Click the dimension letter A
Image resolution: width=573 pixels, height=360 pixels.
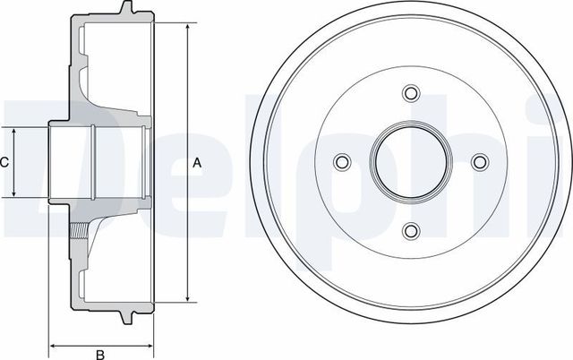198,163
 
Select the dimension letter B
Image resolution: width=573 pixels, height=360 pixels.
101,353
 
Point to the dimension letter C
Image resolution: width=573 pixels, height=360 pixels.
4,162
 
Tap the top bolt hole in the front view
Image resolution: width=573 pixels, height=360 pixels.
411,94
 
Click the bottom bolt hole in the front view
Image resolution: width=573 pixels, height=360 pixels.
411,231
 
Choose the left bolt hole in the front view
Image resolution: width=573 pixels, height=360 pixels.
342,162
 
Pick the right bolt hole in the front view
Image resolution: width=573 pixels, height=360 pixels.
480,162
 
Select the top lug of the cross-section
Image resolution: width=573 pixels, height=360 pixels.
127,11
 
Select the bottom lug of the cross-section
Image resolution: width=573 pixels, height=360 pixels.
127,315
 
